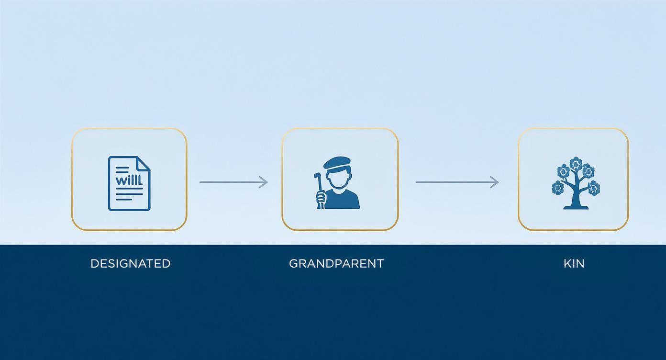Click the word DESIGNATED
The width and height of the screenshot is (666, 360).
[x=130, y=263]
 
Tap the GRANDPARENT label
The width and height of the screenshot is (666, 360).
[x=336, y=263]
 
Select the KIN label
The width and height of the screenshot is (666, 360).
[x=574, y=263]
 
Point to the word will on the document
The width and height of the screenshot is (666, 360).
[x=129, y=181]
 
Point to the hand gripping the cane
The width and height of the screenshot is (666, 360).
[x=321, y=196]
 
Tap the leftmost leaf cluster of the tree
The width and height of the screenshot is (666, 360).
[x=558, y=188]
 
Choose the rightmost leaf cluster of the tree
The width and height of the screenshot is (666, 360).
[x=594, y=188]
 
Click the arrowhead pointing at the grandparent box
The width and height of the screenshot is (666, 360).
[x=264, y=182]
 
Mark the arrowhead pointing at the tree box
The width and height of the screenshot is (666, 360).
[x=495, y=182]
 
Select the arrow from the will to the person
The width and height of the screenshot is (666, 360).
[x=233, y=182]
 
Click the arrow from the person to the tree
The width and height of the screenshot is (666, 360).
[x=457, y=182]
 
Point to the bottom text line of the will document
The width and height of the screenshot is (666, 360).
[x=129, y=199]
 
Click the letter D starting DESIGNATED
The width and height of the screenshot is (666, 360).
[x=94, y=263]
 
